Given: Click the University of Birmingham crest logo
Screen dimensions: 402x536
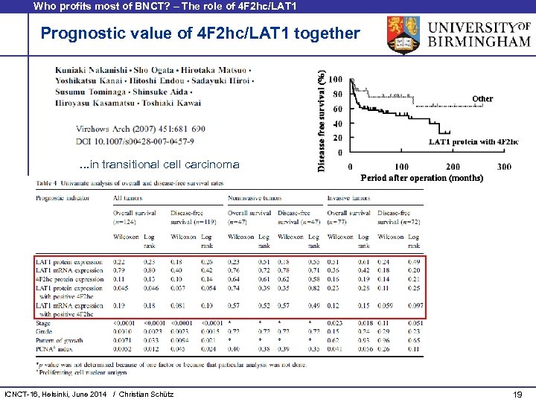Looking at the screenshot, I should coord(407,35).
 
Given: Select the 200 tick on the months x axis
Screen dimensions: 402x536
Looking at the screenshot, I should coord(452,167).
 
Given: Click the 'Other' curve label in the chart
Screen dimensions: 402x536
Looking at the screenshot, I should coord(482,98).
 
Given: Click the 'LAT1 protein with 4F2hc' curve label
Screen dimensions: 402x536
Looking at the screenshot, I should coord(473,141).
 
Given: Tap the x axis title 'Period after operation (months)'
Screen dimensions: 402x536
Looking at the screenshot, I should coord(421,178).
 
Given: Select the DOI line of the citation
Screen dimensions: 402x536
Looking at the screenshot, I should coord(135,141).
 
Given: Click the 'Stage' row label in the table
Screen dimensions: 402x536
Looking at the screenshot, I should coord(43,322).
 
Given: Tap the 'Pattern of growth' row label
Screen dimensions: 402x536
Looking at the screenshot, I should coord(57,340).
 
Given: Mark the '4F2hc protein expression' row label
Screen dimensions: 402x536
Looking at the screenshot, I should coord(68,278).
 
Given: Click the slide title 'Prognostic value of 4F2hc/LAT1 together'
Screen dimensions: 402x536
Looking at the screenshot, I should coord(200,33).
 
